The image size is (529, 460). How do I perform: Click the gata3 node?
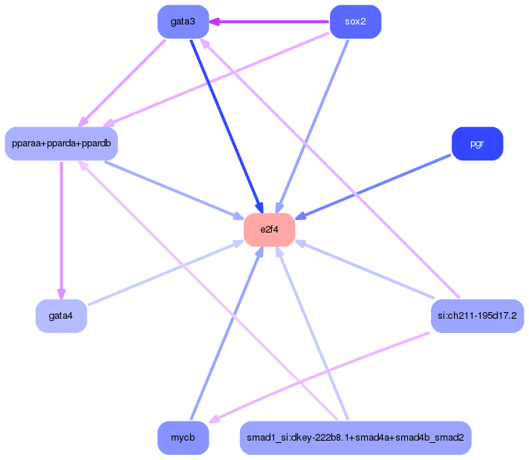pos(183,22)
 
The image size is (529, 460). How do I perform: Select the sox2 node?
pos(355,22)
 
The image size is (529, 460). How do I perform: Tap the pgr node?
pos(477,143)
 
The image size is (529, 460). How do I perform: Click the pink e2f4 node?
pos(269,229)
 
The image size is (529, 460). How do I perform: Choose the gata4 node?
pos(61,316)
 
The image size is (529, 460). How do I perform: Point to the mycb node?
pos(183,438)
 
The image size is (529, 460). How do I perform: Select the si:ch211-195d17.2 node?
pos(477,316)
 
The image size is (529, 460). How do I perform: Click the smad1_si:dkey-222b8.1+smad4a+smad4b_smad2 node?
pos(355,438)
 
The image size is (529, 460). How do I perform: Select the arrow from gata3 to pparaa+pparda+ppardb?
pos(123,82)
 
